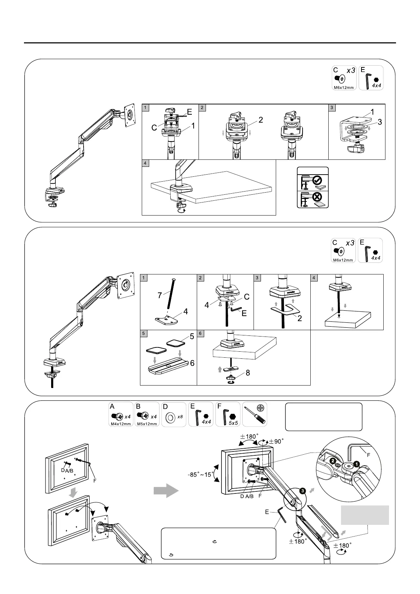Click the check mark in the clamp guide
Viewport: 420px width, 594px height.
[317, 181]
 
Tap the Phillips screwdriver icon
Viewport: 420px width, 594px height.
[255, 414]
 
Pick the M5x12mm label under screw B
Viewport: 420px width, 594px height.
[147, 424]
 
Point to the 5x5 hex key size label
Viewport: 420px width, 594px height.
[233, 422]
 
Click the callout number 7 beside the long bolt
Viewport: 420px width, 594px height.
[160, 295]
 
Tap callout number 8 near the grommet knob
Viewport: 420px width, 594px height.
[248, 372]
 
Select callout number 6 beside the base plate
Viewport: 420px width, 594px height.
[192, 363]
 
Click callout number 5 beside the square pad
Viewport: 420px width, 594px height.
[192, 337]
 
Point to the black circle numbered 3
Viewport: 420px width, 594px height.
[303, 491]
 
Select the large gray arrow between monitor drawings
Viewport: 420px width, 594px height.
[166, 491]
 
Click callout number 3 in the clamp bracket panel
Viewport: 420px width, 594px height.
[379, 122]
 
